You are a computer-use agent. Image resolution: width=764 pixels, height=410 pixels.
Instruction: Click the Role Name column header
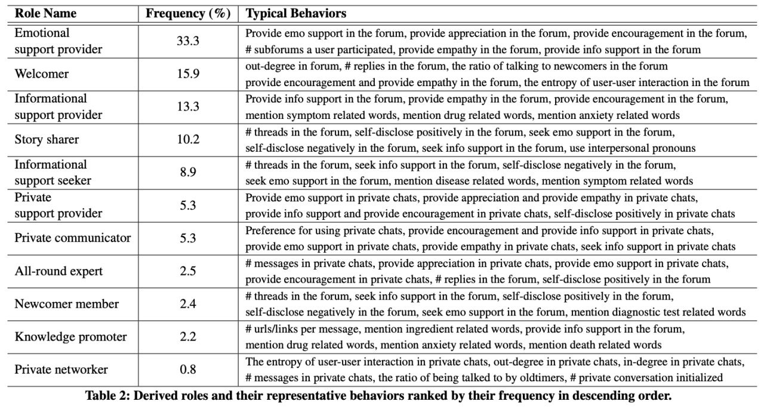[47, 13]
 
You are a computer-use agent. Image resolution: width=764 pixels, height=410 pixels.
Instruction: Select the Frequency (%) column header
[188, 13]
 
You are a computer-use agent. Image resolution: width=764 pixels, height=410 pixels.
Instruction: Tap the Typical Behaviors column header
[296, 13]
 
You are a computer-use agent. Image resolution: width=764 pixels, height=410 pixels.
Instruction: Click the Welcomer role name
[42, 74]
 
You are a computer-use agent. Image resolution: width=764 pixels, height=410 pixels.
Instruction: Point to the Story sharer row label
[47, 140]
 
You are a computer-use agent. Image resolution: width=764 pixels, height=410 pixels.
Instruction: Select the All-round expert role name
[58, 271]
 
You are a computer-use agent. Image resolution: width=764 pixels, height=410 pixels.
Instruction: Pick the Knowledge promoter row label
[70, 337]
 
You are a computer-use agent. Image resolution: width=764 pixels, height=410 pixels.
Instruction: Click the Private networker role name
[61, 369]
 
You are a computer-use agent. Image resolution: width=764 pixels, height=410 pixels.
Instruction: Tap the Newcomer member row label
[66, 304]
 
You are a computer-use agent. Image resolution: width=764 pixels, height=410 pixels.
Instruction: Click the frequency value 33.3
[188, 41]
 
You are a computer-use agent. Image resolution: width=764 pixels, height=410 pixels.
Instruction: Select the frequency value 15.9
[188, 74]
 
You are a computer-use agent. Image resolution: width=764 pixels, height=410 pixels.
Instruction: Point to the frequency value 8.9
[188, 173]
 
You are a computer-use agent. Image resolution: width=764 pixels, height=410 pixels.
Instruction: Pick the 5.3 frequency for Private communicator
[188, 238]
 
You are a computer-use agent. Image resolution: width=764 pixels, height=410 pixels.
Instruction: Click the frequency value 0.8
[188, 369]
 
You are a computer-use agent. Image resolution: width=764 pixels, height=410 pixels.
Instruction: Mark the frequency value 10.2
[188, 140]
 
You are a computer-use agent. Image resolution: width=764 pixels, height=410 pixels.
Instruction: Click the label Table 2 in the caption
[107, 396]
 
